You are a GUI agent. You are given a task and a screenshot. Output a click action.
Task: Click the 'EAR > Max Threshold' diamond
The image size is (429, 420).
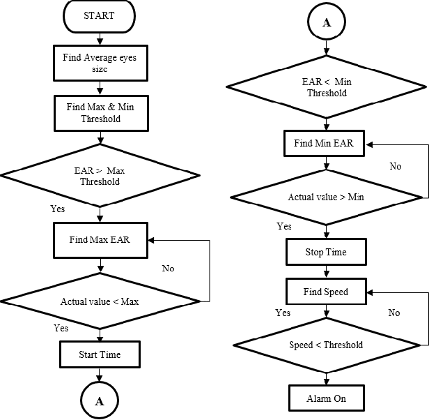(102, 176)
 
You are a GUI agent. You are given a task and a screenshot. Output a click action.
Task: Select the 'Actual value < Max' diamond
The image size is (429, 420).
(101, 301)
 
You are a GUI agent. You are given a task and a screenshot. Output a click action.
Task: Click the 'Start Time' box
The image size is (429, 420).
(100, 354)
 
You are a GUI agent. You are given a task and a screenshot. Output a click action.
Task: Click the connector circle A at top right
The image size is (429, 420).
(326, 22)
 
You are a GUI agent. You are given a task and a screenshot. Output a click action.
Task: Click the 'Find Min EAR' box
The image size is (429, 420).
(325, 143)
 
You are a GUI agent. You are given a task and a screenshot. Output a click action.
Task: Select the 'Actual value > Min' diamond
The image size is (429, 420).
(326, 197)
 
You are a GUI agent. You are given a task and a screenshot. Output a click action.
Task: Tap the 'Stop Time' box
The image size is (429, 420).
(326, 252)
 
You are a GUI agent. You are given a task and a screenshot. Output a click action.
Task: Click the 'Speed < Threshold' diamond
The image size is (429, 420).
(326, 345)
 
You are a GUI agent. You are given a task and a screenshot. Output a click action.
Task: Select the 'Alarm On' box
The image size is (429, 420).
(326, 398)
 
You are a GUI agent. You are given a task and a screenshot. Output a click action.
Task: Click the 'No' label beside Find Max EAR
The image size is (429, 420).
(168, 268)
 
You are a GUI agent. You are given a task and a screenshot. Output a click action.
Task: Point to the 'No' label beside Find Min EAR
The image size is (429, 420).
(396, 167)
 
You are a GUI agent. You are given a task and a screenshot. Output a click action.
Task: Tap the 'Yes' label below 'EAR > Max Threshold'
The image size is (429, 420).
(58, 209)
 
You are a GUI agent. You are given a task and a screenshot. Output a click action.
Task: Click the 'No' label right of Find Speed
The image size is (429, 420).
(394, 313)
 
